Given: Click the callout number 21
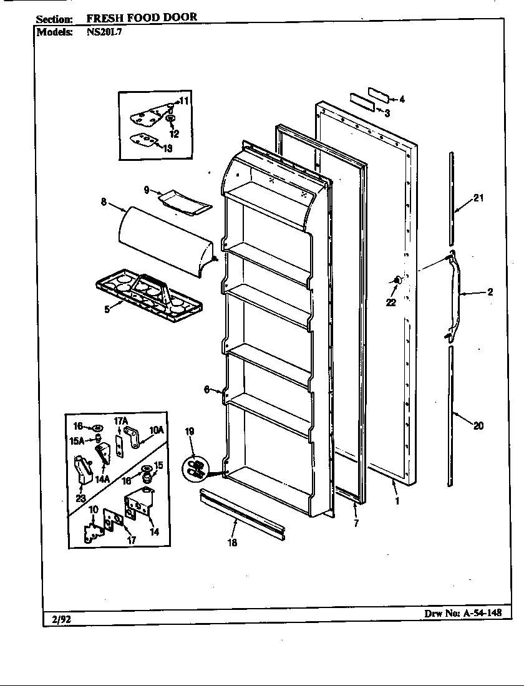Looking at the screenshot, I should click(x=478, y=198).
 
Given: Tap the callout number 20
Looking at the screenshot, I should click(x=478, y=427).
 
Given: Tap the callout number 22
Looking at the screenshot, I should click(x=391, y=302).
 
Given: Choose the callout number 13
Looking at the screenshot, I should click(x=168, y=148).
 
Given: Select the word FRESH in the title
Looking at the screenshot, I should click(x=104, y=17).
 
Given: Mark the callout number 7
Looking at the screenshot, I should click(x=356, y=523).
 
